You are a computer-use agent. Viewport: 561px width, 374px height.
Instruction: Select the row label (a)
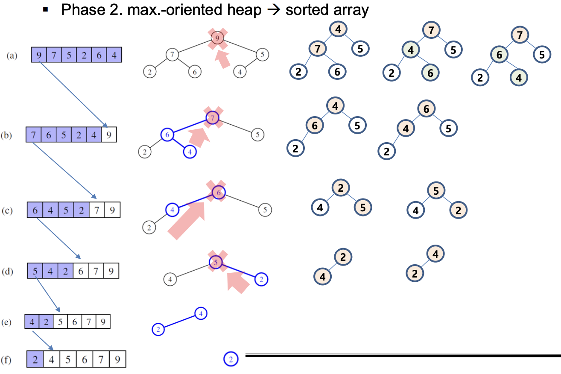point(12,56)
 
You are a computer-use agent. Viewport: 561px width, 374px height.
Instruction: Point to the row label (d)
point(12,272)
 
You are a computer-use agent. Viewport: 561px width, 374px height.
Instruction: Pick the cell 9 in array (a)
point(39,55)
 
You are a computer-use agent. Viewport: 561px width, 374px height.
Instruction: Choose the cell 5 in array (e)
point(60,321)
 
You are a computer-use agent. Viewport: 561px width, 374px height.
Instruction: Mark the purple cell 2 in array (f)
point(35,359)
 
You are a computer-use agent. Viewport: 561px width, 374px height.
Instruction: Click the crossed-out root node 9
point(217,39)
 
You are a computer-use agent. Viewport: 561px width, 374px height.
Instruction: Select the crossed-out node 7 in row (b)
point(213,118)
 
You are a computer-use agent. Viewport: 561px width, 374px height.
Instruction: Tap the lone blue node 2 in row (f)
point(231,359)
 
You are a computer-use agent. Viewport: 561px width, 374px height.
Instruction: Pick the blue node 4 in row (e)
point(201,314)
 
